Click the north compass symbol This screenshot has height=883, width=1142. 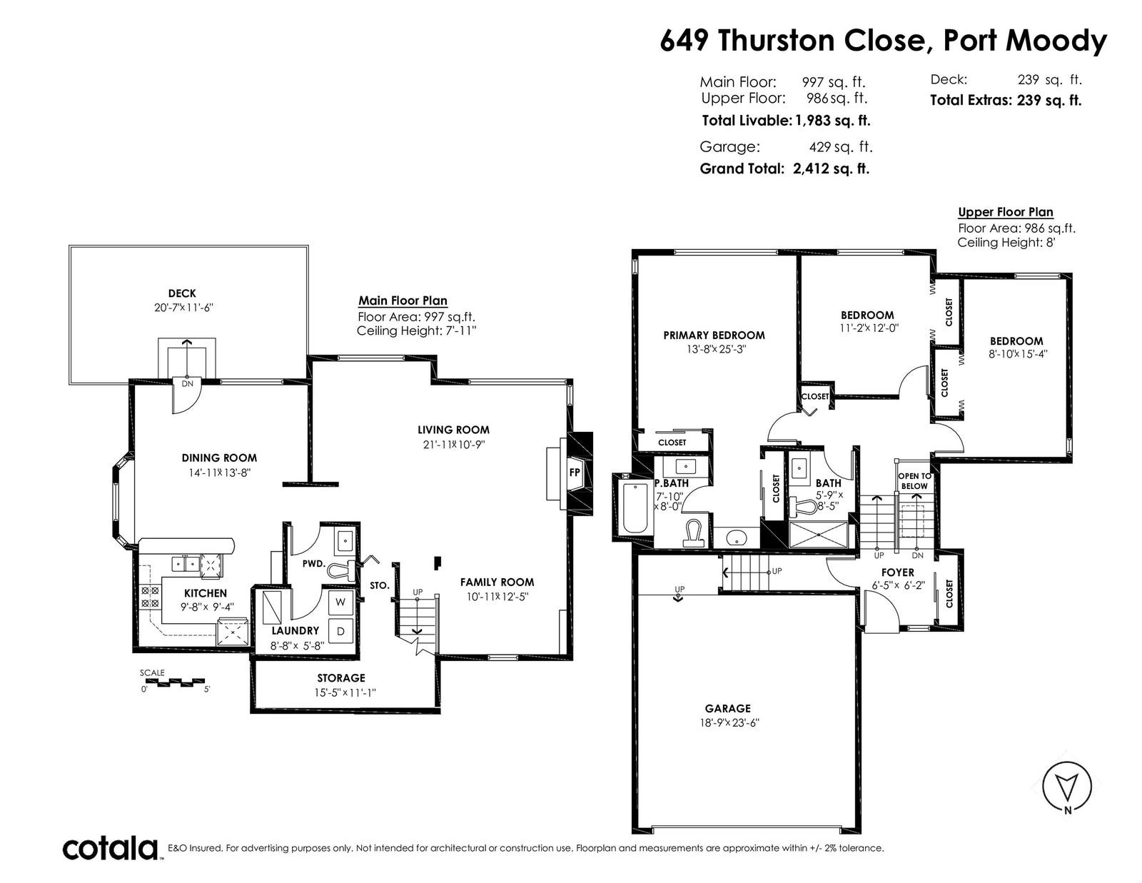[x=1067, y=794]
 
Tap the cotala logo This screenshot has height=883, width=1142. [x=111, y=848]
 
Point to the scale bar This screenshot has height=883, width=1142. [x=173, y=682]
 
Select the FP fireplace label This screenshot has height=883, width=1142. [x=575, y=473]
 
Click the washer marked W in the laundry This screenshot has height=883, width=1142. [x=340, y=602]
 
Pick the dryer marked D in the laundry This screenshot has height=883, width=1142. [x=340, y=631]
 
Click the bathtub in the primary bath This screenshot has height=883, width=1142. [x=635, y=508]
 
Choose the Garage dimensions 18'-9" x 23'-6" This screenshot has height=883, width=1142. [x=729, y=723]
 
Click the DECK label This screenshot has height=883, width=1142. [x=182, y=293]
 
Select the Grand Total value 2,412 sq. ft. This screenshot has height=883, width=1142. [x=831, y=168]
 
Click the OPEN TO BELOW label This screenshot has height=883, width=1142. [x=914, y=481]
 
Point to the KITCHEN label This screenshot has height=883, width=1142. [x=206, y=593]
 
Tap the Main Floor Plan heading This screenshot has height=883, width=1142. [x=403, y=301]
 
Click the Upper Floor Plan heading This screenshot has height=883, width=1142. [x=1006, y=212]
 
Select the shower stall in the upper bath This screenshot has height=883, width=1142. [x=819, y=535]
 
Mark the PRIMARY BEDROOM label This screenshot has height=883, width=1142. [x=714, y=335]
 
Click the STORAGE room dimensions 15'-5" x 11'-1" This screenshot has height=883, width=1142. [x=345, y=692]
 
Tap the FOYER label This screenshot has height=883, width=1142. [x=898, y=572]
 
